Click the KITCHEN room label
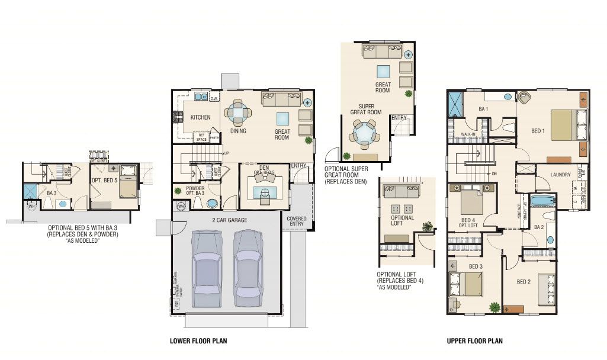pyautogui.click(x=200, y=117)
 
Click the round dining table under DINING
pyautogui.click(x=237, y=112)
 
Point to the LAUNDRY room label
pyautogui.click(x=560, y=175)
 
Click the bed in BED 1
pyautogui.click(x=563, y=125)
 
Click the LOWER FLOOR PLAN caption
pyautogui.click(x=198, y=341)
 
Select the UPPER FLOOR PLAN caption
pyautogui.click(x=475, y=341)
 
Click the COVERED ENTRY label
pyautogui.click(x=296, y=221)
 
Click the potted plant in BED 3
pyautogui.click(x=494, y=307)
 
